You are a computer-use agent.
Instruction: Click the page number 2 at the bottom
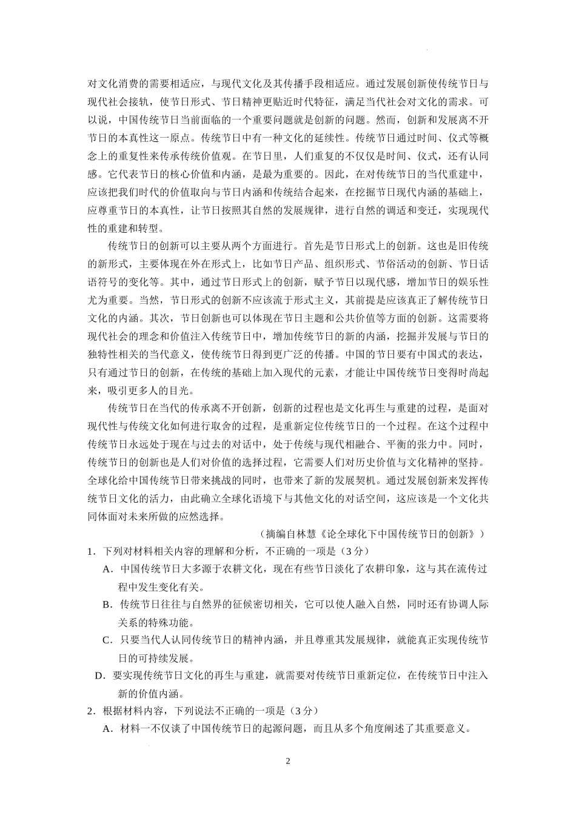coord(289,761)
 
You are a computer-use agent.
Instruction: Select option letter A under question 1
coord(107,569)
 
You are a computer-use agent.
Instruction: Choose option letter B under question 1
coord(107,604)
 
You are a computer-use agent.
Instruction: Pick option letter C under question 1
coord(107,640)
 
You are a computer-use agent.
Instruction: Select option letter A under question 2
coord(107,729)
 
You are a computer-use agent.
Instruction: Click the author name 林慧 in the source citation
coord(310,534)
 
